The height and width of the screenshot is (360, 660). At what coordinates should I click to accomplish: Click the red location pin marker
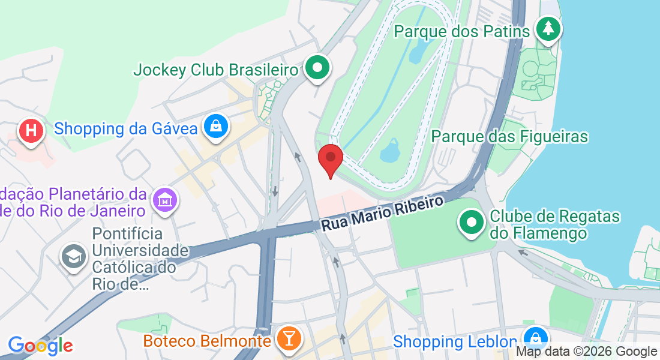click(x=330, y=158)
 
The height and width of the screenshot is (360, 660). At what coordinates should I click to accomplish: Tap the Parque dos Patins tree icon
click(x=547, y=28)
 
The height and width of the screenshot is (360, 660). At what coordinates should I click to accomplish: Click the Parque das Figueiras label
click(x=509, y=136)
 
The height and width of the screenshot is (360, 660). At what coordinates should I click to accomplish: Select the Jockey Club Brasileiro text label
click(x=216, y=70)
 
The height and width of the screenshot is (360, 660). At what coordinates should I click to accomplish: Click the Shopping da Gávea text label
click(x=126, y=128)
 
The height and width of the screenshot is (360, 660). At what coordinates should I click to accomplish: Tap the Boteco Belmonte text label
click(x=207, y=341)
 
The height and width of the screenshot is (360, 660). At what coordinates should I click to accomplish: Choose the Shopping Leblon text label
click(x=455, y=341)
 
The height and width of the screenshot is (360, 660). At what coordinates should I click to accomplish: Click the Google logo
click(x=40, y=346)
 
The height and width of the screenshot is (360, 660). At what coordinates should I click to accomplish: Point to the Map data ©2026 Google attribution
click(x=587, y=352)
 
